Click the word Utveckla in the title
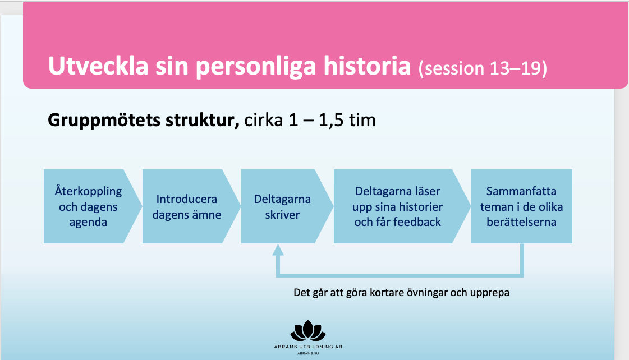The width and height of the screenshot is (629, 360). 98,66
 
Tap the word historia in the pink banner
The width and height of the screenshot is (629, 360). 368,66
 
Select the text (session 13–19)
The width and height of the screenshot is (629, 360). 483,68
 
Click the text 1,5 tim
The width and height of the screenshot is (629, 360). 347,120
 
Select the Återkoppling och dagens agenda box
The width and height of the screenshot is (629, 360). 93,206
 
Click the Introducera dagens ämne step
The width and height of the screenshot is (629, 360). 191,206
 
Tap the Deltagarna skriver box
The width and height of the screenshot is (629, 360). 287,206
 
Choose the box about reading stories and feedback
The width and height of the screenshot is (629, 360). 402,206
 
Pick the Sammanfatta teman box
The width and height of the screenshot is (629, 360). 521,206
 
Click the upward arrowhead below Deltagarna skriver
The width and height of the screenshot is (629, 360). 278,250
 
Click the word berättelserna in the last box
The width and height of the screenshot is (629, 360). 521,221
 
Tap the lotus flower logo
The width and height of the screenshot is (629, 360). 307,331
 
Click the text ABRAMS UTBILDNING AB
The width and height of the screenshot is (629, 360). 308,347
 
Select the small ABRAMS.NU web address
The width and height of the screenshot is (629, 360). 308,354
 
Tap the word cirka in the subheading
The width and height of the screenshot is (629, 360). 264,120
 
